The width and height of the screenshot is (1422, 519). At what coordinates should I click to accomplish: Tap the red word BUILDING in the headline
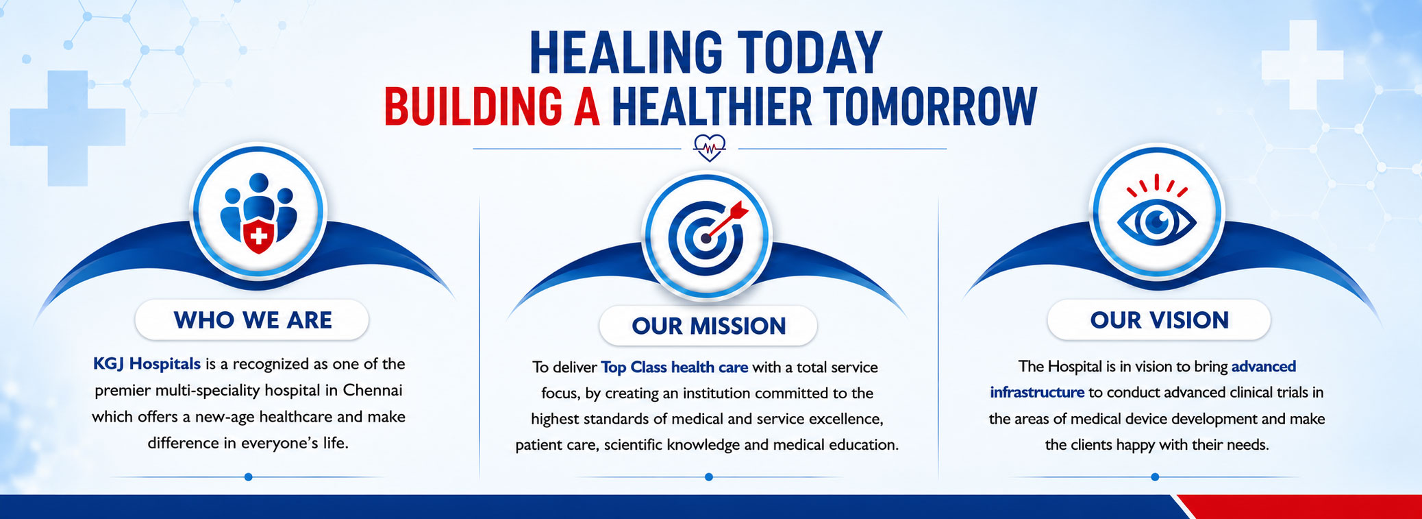click(473, 106)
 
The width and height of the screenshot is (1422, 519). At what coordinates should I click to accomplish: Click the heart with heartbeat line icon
click(709, 147)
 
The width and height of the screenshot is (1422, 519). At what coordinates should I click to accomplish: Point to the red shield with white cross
click(259, 237)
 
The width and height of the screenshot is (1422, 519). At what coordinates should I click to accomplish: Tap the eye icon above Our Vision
click(1156, 215)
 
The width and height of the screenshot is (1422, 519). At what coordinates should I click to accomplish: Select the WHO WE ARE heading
click(252, 320)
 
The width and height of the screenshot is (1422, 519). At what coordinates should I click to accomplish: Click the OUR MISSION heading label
click(708, 326)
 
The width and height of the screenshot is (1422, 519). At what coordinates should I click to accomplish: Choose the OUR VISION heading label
click(1159, 320)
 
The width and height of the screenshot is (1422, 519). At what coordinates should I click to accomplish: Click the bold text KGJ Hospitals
click(147, 364)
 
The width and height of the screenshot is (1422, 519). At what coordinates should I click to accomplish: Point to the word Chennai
click(373, 390)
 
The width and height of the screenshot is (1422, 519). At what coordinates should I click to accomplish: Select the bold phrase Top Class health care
click(674, 367)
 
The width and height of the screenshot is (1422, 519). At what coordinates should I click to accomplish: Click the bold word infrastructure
click(1037, 392)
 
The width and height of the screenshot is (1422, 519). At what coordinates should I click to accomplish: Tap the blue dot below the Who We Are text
click(248, 476)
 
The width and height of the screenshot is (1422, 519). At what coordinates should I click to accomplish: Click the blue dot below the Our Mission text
click(708, 476)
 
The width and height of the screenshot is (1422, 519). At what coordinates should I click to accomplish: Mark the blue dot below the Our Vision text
click(1155, 476)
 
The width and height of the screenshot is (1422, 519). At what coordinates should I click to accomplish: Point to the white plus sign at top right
click(1302, 64)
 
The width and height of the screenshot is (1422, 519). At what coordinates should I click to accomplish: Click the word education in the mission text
click(863, 445)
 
